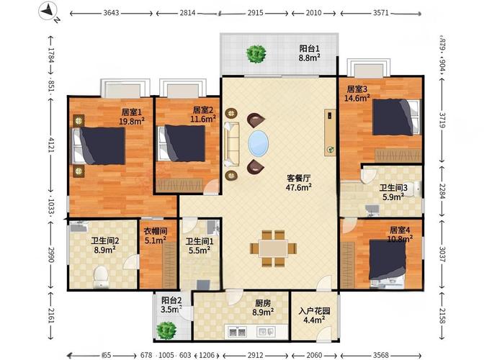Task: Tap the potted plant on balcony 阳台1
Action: tap(255, 53)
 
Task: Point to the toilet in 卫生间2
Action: tap(102, 276)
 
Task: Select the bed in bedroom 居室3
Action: tap(395, 117)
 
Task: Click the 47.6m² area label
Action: tap(298, 186)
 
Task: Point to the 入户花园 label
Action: tap(314, 312)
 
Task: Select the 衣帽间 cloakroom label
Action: tap(155, 232)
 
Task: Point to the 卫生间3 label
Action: tap(393, 188)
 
